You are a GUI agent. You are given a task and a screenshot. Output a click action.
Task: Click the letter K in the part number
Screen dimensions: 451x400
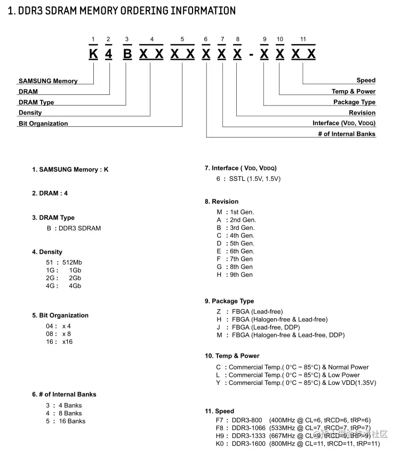click(93, 54)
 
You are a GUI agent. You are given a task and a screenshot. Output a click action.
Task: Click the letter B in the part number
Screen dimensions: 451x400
click(127, 54)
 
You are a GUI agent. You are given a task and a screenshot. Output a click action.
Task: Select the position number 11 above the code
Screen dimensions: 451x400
click(303, 39)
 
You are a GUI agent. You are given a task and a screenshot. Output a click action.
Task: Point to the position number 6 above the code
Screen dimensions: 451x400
click(206, 39)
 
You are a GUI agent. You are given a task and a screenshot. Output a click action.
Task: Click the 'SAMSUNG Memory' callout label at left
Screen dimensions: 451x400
click(48, 81)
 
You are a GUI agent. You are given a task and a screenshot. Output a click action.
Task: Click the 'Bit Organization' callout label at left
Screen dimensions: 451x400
click(43, 124)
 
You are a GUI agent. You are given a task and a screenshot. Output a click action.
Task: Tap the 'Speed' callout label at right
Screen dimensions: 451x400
click(366, 80)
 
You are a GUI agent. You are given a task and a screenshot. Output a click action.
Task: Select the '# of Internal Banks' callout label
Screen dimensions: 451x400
click(347, 134)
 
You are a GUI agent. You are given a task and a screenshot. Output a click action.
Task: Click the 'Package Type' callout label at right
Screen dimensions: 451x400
click(354, 102)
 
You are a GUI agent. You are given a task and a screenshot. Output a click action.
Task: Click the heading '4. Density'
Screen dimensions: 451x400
click(47, 252)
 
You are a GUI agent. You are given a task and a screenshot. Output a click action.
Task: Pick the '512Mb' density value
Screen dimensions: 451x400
click(72, 262)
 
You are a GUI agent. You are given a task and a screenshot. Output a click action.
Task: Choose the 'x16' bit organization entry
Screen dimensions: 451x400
click(67, 342)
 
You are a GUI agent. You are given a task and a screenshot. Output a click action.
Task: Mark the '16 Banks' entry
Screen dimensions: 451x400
click(72, 421)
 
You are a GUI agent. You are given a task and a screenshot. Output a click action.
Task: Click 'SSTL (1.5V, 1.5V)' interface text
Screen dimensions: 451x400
click(255, 179)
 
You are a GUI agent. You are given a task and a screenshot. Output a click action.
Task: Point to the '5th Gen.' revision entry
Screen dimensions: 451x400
click(242, 243)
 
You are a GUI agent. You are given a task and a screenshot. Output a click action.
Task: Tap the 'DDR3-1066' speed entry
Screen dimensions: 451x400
click(248, 428)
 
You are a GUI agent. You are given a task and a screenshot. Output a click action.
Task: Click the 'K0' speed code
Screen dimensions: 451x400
click(220, 444)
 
